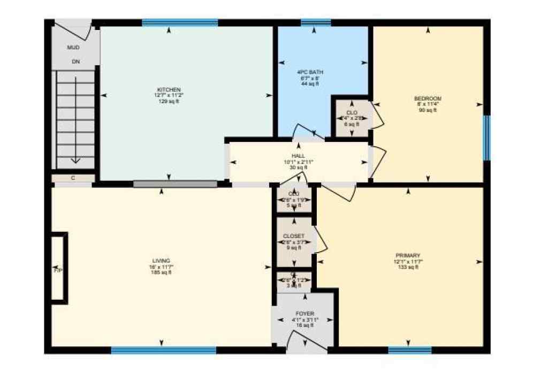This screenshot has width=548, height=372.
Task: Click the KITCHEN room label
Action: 169,89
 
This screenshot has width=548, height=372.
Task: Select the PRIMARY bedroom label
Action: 408,255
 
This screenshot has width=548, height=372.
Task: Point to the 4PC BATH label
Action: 310,72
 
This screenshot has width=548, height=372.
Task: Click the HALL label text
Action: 298,156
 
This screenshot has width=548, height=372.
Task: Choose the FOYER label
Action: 305,314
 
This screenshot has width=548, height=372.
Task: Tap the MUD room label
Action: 73,48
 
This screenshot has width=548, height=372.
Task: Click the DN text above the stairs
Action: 75,62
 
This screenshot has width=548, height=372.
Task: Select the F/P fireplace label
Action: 58,271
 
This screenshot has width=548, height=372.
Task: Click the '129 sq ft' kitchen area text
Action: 169,101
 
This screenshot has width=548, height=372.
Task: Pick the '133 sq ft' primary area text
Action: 408,267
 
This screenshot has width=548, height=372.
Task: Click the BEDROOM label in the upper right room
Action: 428,98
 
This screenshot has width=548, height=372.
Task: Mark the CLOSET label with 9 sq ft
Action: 294,236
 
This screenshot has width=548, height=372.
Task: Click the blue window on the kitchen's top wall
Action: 180,22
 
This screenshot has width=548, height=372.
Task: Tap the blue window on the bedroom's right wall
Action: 486,138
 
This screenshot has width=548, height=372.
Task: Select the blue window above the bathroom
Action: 315,22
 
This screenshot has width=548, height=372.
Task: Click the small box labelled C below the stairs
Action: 73,178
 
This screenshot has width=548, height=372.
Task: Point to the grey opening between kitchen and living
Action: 176,184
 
